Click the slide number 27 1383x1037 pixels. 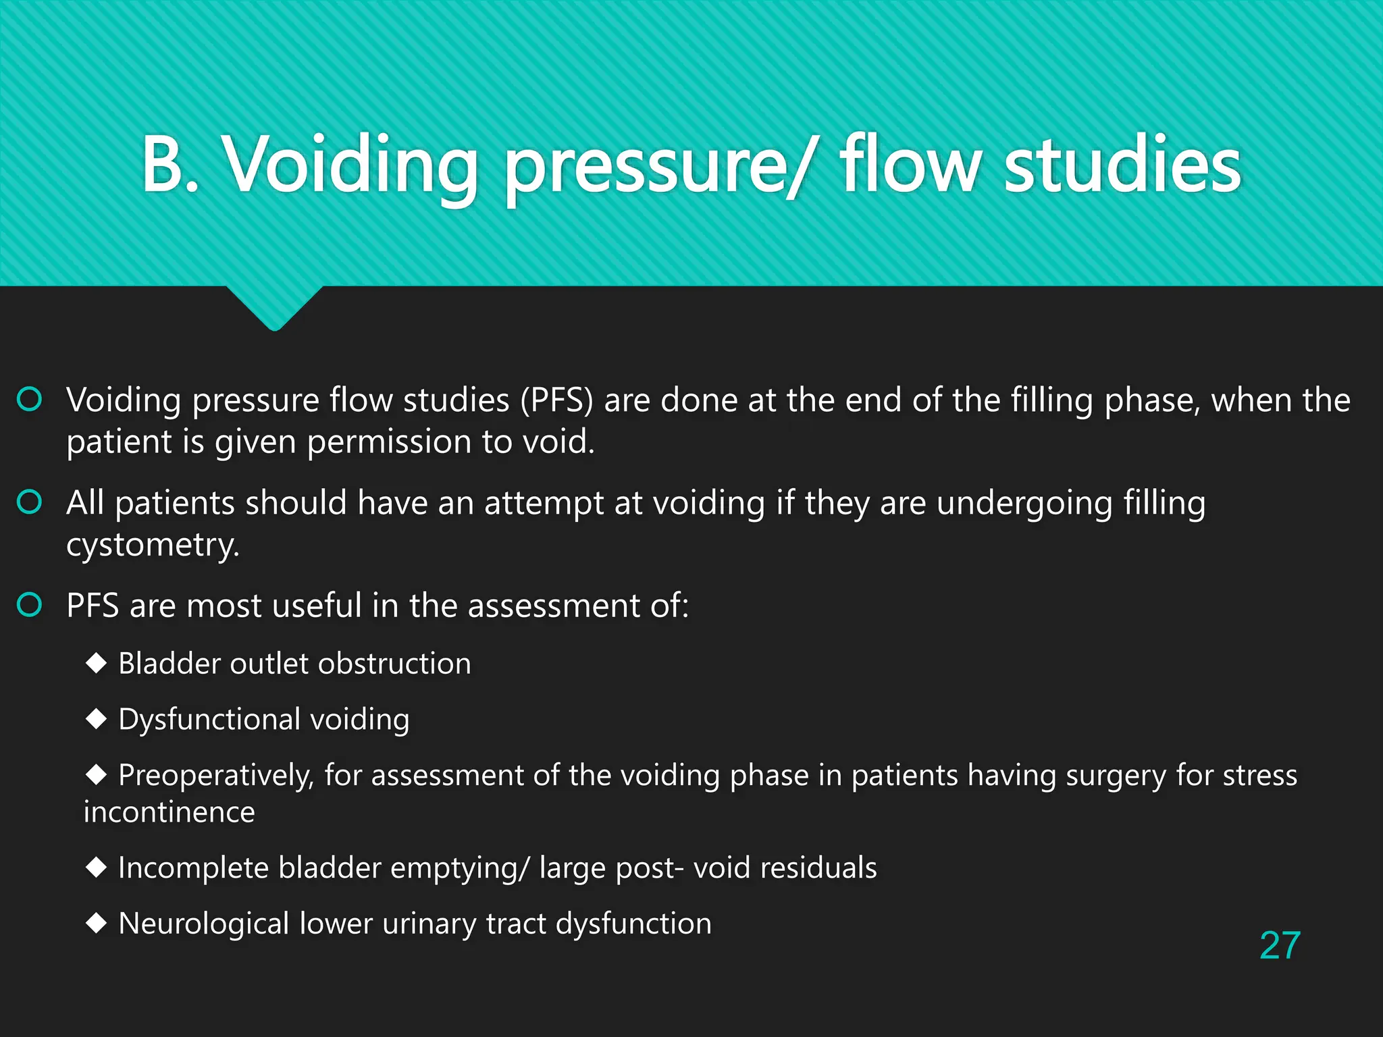pyautogui.click(x=1280, y=945)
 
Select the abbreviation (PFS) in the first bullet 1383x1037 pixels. pyautogui.click(x=556, y=400)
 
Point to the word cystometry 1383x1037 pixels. pyautogui.click(x=153, y=545)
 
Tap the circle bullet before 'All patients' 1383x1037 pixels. pyautogui.click(x=30, y=502)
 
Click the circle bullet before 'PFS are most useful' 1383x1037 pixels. pyautogui.click(x=30, y=605)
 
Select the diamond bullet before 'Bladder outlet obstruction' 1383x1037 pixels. pyautogui.click(x=97, y=663)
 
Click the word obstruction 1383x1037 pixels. pyautogui.click(x=395, y=664)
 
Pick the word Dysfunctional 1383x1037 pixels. pyautogui.click(x=209, y=720)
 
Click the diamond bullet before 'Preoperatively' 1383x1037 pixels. pyautogui.click(x=97, y=774)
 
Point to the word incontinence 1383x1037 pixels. pyautogui.click(x=169, y=812)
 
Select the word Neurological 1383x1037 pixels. pyautogui.click(x=204, y=924)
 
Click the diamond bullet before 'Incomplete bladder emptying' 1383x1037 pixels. pyautogui.click(x=97, y=868)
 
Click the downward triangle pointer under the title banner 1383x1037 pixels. pyautogui.click(x=275, y=308)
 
